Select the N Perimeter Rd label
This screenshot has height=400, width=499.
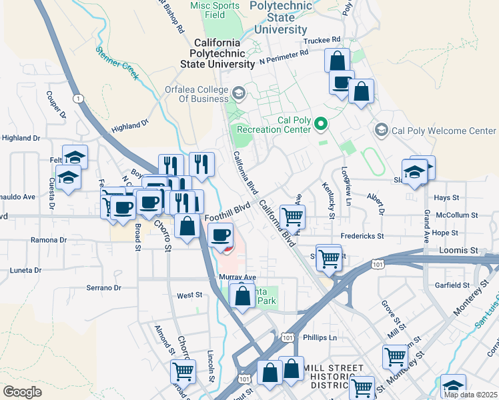[x=284, y=59]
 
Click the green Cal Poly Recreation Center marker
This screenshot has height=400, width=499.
[x=321, y=123]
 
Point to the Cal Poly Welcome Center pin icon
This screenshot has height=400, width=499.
[x=382, y=130]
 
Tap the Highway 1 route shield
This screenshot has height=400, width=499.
[x=79, y=99]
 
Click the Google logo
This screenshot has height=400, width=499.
[x=23, y=391]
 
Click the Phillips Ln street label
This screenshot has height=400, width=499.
[x=320, y=338]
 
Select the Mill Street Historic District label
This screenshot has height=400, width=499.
[x=334, y=377]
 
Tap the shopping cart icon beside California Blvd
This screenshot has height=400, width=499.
[x=292, y=216]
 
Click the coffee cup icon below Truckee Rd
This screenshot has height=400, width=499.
[x=342, y=83]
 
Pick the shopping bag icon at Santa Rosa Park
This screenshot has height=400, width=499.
[x=243, y=294]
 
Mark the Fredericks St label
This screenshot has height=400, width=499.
[x=362, y=236]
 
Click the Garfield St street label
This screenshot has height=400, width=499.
[x=453, y=284]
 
